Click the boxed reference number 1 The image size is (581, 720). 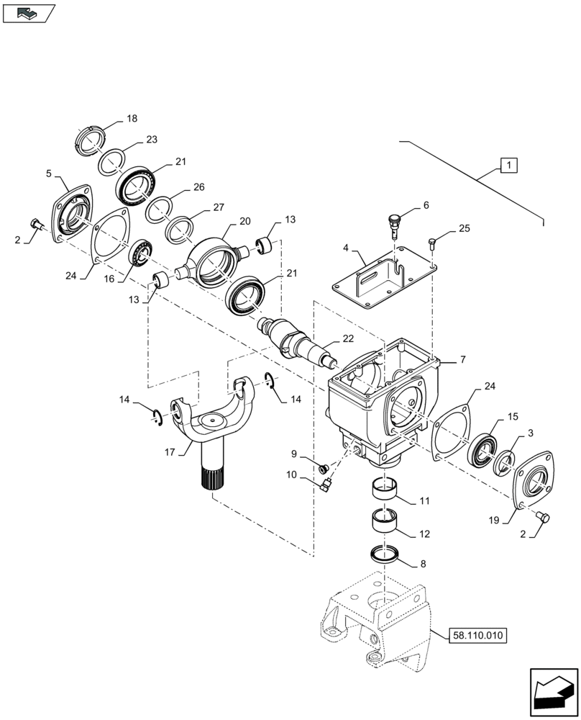508,166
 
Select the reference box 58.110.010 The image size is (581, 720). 477,635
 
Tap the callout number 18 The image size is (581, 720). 132,118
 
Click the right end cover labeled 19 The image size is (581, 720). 532,484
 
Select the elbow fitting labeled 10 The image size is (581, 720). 325,487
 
